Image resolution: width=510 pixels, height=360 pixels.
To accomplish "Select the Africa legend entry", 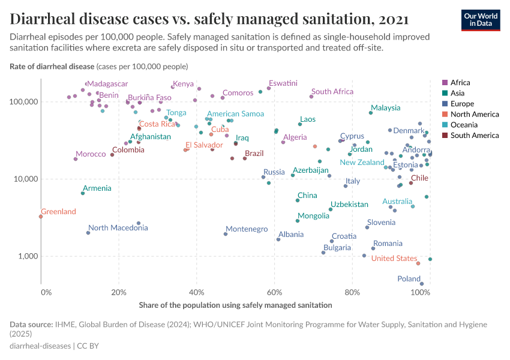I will (460, 82).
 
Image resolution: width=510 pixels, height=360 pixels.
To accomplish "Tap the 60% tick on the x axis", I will (275, 292).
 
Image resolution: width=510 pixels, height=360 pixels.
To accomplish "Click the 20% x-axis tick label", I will (119, 292).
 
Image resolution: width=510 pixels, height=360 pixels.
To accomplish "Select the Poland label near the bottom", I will (409, 279).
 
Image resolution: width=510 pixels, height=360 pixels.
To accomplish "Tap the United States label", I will (394, 259).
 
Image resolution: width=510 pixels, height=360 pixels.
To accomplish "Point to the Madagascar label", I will (108, 84).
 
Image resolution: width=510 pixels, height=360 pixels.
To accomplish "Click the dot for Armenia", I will (83, 193).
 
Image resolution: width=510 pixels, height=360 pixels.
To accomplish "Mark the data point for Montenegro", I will (226, 234).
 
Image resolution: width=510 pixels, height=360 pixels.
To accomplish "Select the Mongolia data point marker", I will (298, 221).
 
